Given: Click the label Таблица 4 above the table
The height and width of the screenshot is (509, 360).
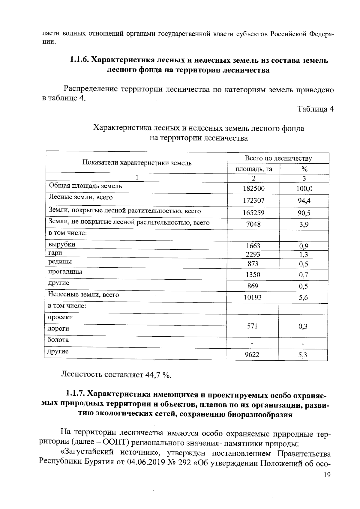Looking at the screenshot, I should (315, 109).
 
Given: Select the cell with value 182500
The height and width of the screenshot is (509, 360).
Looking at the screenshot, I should (253, 189).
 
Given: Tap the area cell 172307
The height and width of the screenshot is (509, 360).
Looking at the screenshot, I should (253, 201).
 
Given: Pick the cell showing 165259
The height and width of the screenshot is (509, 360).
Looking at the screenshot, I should (253, 213).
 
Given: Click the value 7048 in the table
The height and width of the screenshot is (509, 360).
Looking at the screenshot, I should (253, 224).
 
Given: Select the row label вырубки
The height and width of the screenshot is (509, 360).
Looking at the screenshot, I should (62, 244).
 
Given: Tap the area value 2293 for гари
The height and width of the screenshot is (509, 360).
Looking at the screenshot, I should (253, 255).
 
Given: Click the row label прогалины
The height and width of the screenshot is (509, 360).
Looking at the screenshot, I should (65, 272).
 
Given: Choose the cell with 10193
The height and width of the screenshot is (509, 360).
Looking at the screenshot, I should (253, 297).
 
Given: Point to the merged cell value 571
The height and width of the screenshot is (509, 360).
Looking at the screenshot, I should (252, 326).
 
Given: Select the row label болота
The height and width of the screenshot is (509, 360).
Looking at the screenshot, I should (58, 340).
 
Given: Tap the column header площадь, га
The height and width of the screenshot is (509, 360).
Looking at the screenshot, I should (253, 169).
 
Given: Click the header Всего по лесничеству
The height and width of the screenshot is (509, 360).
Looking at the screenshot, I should (278, 158).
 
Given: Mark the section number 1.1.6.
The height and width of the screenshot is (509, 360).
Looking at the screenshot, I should (79, 60).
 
